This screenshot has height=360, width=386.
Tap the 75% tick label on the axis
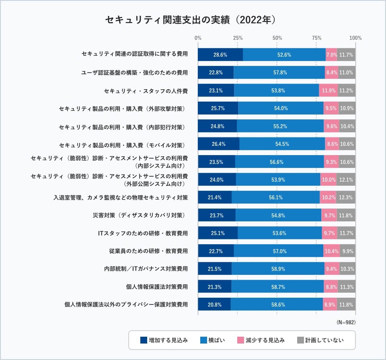pyautogui.click(x=316, y=38)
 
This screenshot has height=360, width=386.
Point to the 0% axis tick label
pyautogui.click(x=198, y=38)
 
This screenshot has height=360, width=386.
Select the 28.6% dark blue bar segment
pyautogui.click(x=220, y=55)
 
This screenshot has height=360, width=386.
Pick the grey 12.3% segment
pyautogui.click(x=346, y=197)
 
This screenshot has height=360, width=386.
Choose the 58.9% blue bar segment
pyautogui.click(x=278, y=269)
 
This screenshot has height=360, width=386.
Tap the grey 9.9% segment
pyautogui.click(x=347, y=251)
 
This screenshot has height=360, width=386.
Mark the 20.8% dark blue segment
pyautogui.click(x=214, y=305)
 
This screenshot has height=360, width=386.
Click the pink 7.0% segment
pyautogui.click(x=331, y=55)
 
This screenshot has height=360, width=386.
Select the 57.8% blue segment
pyautogui.click(x=279, y=73)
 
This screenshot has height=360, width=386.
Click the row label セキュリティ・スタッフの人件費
pyautogui.click(x=146, y=91)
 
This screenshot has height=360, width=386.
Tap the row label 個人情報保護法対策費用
pyautogui.click(x=157, y=287)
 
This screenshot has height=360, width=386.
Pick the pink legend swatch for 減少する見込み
pyautogui.click(x=240, y=340)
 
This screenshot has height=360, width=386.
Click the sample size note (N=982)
pyautogui.click(x=346, y=322)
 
